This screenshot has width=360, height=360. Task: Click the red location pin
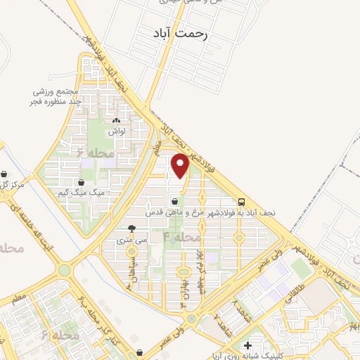click(x=180, y=166)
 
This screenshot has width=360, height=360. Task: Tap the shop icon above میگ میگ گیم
click(x=82, y=182)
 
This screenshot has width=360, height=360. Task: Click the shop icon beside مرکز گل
click(x=5, y=174)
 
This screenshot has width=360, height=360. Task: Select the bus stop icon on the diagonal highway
click(x=241, y=200)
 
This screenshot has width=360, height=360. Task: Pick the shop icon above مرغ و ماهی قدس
click(x=174, y=201)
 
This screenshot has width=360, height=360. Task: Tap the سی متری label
click(x=133, y=239)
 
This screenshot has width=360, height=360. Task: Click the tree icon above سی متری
click(x=132, y=228)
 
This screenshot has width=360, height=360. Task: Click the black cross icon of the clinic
click(x=247, y=345)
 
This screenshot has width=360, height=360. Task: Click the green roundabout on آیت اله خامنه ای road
click(x=65, y=270)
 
